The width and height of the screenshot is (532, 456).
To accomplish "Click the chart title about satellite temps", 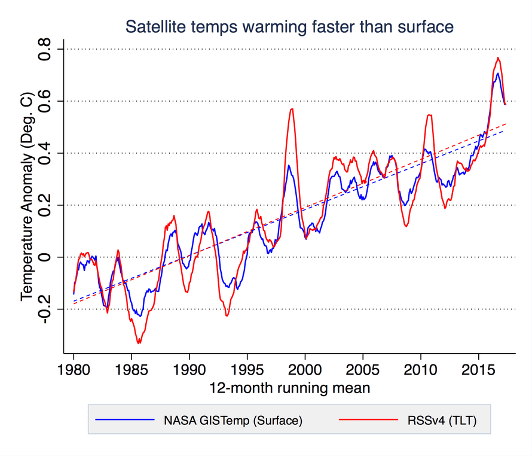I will pyautogui.click(x=289, y=27).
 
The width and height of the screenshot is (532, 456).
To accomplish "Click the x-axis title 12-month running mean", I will pyautogui.click(x=289, y=388).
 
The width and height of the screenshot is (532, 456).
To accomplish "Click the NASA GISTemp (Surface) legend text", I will pyautogui.click(x=233, y=421).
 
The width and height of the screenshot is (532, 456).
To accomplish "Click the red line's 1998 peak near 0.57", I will pyautogui.click(x=292, y=109).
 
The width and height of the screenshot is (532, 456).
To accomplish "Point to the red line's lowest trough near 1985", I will pyautogui.click(x=139, y=343).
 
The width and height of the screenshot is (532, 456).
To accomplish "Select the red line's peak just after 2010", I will pyautogui.click(x=429, y=115).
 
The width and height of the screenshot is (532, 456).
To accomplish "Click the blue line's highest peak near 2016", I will pyautogui.click(x=497, y=73).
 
